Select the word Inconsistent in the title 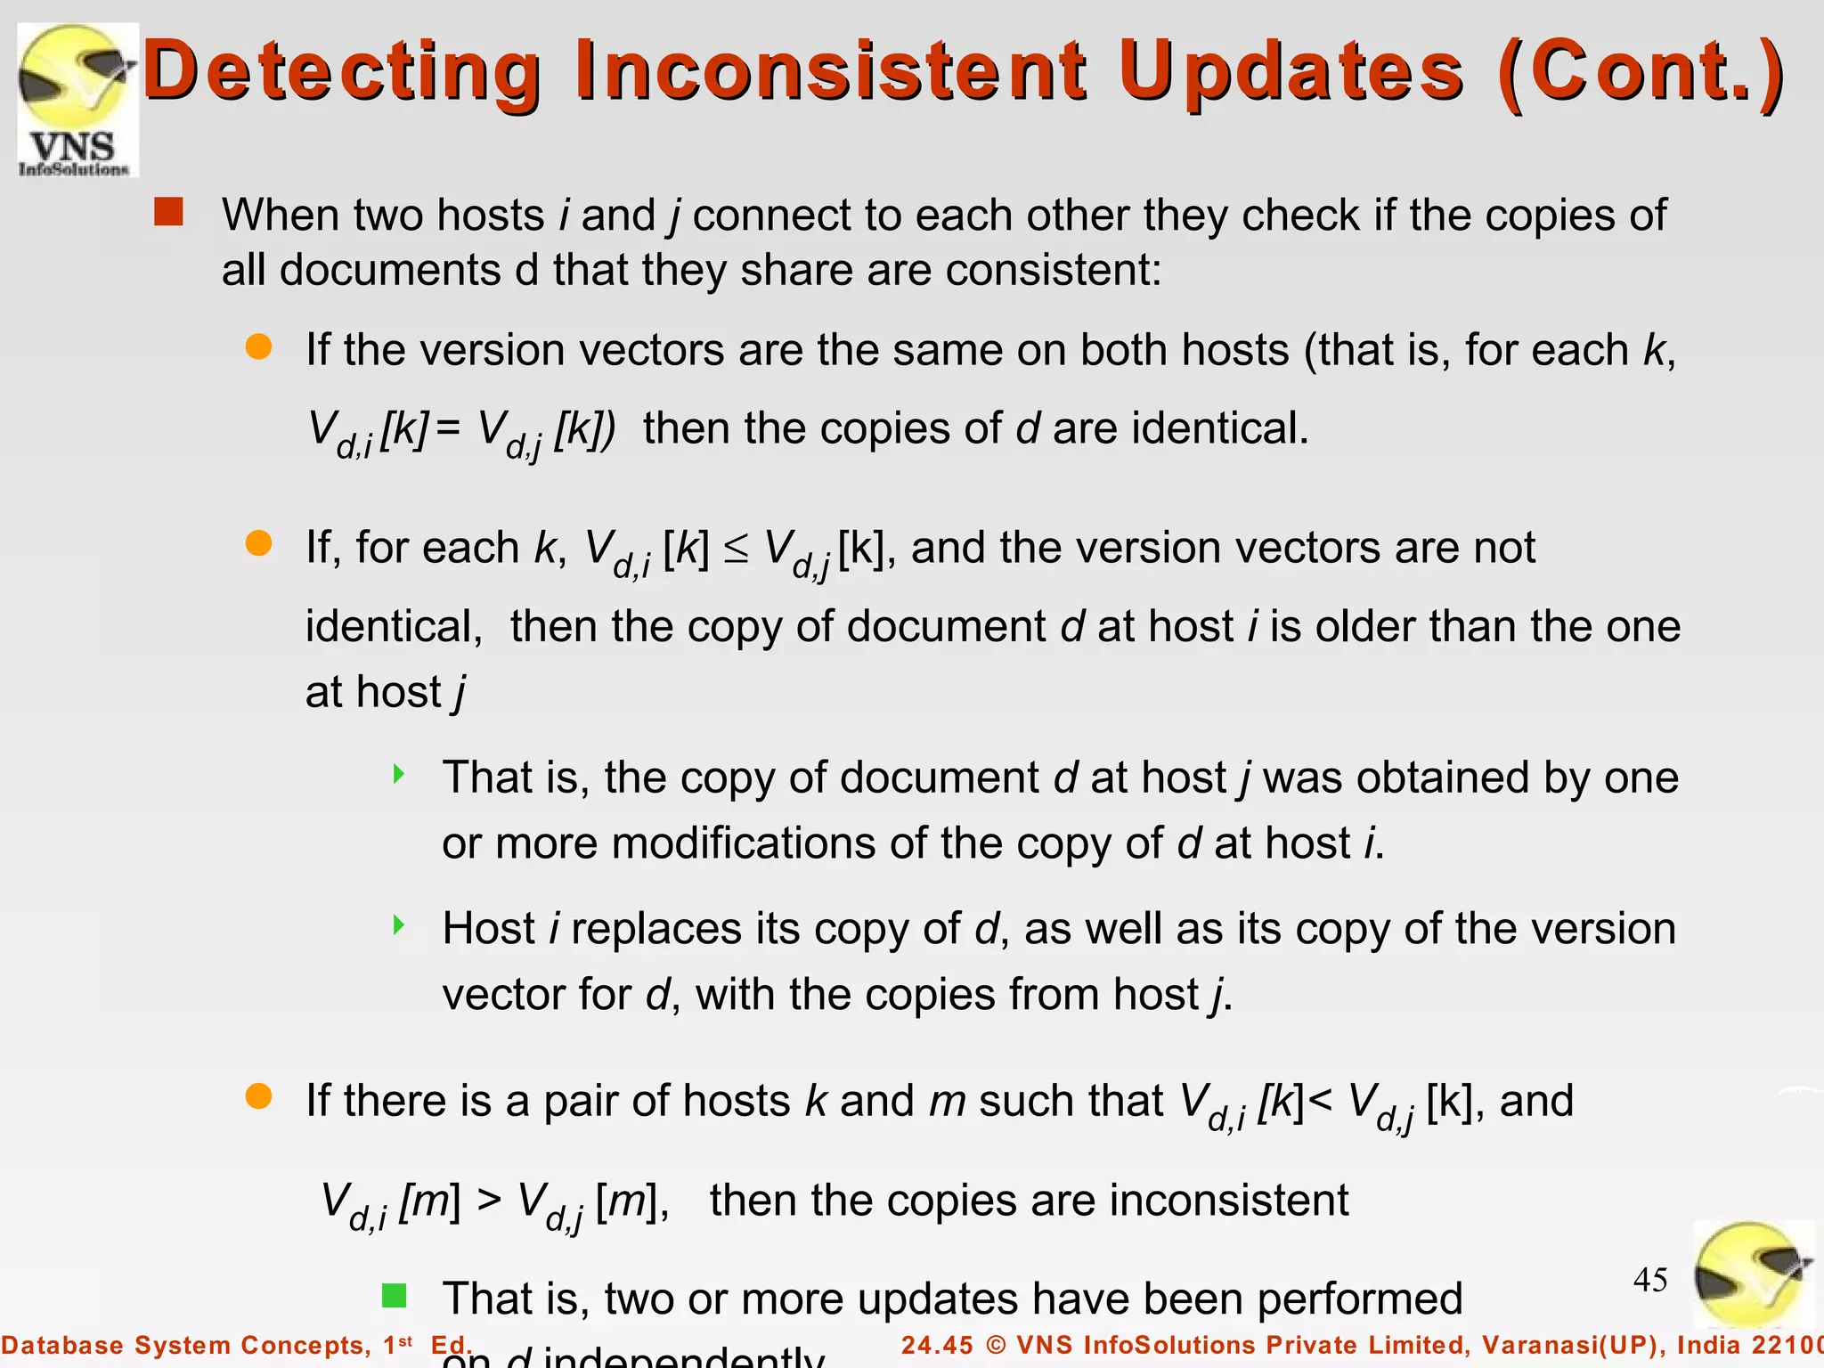(831, 69)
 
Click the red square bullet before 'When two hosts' (168, 212)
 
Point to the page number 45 (1650, 1280)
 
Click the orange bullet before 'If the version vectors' (259, 347)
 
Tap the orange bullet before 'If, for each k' (259, 543)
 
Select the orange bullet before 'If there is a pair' (259, 1096)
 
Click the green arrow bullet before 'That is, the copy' (399, 774)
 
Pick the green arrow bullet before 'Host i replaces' (399, 925)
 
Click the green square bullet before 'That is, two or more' (395, 1295)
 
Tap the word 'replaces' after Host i (656, 929)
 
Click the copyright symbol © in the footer (997, 1345)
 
